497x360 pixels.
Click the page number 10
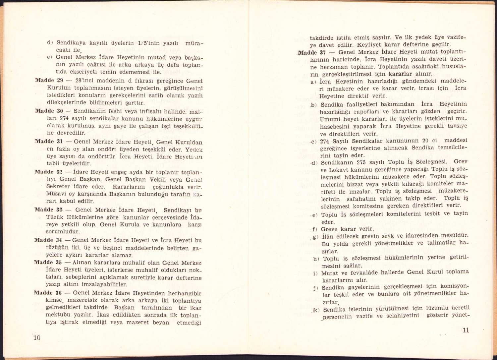tap(37, 338)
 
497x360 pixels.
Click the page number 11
tap(466, 330)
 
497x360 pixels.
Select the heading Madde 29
tap(49, 81)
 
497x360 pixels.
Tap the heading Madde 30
tap(49, 111)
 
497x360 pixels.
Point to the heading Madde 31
tap(49, 142)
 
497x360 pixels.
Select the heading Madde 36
tap(48, 293)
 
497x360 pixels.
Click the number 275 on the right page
tap(361, 163)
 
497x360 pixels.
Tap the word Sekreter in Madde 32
tap(58, 187)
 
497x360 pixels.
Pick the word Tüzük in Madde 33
tap(56, 217)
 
